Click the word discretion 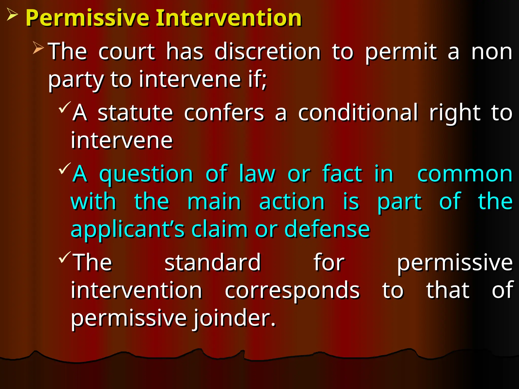pos(268,52)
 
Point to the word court pos(126,52)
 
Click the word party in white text pos(76,80)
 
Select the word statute pos(135,113)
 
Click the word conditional pos(358,113)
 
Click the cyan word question pos(146,174)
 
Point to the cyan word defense pos(327,229)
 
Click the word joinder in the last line pos(234,318)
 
